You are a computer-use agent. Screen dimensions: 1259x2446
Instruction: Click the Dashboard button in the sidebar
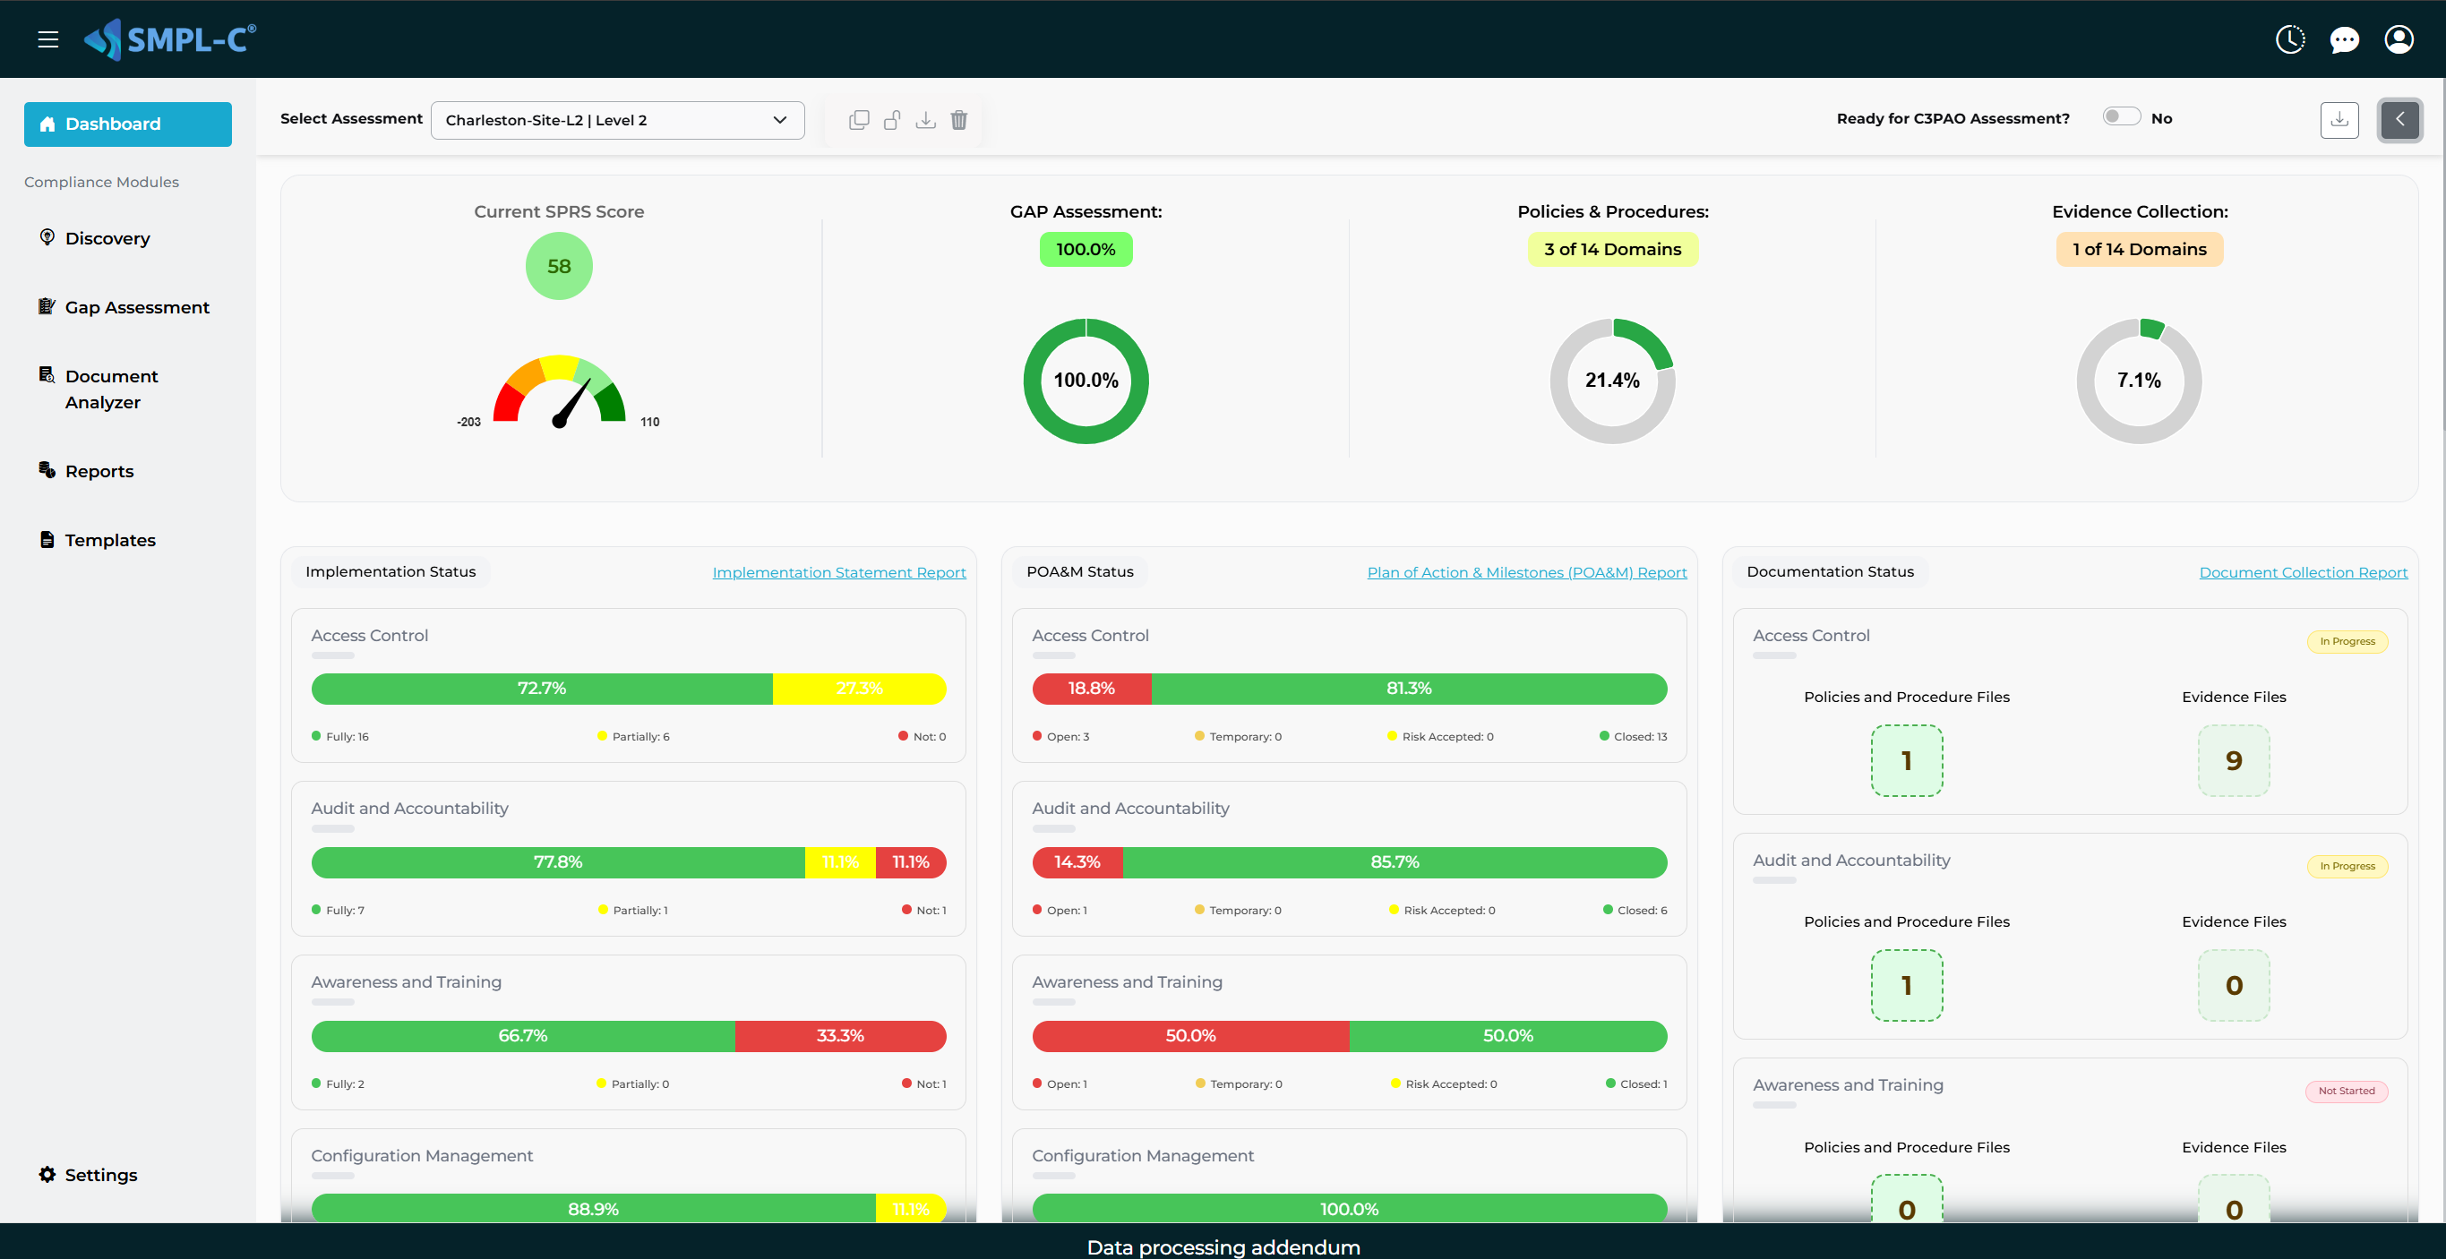127,124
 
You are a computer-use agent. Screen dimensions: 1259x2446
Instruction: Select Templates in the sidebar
109,540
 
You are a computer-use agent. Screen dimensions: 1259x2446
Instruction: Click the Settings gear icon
47,1175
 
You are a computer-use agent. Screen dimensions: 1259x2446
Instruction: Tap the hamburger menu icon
47,39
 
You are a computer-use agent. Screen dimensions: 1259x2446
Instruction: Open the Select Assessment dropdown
617,121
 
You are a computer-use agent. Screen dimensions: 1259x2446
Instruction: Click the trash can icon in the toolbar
959,121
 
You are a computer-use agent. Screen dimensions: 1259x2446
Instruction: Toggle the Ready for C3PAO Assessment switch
2120,116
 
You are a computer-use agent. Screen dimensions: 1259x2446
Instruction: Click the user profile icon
2399,39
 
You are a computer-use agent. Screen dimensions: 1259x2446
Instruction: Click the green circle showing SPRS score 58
558,267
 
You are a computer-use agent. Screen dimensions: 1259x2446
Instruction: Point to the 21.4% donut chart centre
1611,381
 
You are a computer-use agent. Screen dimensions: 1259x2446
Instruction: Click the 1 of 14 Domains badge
2139,250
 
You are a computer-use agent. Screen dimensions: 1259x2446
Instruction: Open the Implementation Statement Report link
838,572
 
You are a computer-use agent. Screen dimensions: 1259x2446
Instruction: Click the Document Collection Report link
2303,572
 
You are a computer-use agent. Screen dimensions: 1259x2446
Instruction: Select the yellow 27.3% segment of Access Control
858,689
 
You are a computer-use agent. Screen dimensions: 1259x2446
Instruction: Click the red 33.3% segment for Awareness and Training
839,1036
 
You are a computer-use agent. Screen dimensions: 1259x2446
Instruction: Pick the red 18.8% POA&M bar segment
1091,689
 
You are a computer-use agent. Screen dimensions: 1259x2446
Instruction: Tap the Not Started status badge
2346,1091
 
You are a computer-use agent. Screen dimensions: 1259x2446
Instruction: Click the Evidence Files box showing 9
2234,760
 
